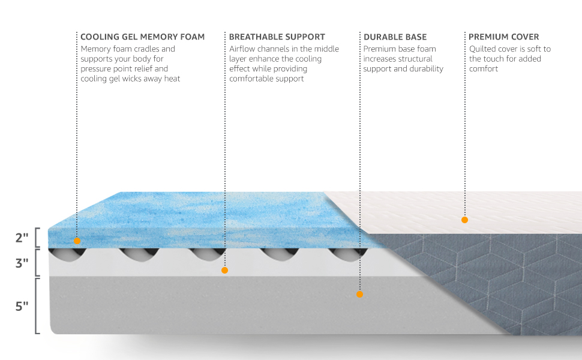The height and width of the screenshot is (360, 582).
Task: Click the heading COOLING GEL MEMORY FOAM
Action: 142,37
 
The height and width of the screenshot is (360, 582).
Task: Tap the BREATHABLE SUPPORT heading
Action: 277,37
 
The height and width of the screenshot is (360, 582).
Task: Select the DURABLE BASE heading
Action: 395,37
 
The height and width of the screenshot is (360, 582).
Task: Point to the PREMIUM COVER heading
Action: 503,37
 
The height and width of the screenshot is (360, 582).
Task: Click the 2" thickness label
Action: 22,238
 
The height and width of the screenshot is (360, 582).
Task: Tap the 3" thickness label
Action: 22,263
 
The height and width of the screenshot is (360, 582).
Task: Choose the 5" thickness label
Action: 22,306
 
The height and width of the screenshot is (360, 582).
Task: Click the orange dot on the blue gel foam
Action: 77,241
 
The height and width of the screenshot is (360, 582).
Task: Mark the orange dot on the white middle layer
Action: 224,271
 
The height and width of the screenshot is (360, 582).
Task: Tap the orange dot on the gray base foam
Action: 359,295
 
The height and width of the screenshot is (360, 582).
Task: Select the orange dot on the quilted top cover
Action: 464,220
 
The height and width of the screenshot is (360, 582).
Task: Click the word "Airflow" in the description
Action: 243,49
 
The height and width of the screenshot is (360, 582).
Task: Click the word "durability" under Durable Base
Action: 427,69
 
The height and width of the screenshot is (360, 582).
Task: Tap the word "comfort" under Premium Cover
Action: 484,69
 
